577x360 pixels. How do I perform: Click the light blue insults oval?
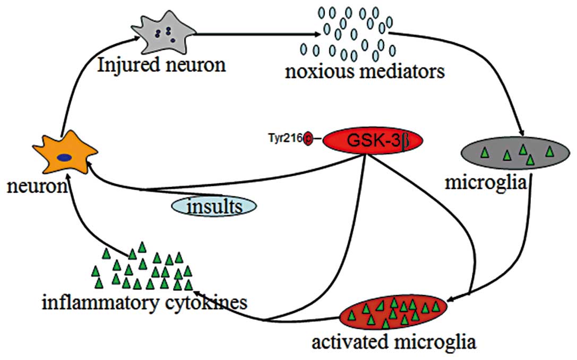pos(213,205)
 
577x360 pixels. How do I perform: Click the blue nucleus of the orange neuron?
pos(65,157)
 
